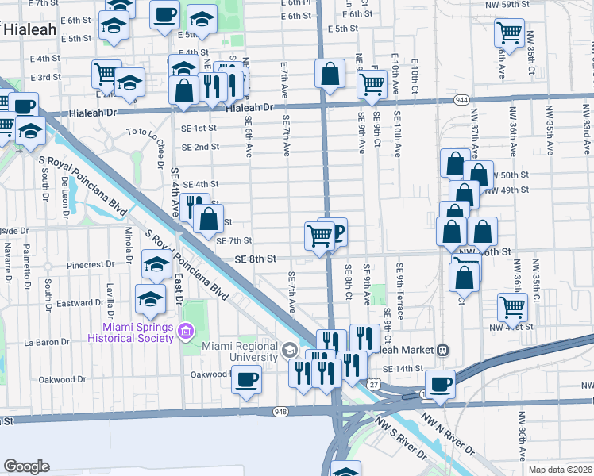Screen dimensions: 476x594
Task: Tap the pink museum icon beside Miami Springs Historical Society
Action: click(187, 331)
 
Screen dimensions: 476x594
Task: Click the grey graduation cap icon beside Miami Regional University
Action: click(289, 349)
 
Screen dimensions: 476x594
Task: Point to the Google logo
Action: click(27, 466)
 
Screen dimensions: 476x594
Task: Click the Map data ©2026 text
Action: click(560, 470)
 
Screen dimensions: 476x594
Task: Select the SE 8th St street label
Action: click(255, 259)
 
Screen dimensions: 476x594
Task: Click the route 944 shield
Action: click(461, 99)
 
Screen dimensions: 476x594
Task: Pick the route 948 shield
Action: click(280, 411)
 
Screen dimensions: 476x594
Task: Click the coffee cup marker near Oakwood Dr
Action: click(246, 379)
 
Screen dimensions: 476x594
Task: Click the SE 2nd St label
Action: click(200, 147)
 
